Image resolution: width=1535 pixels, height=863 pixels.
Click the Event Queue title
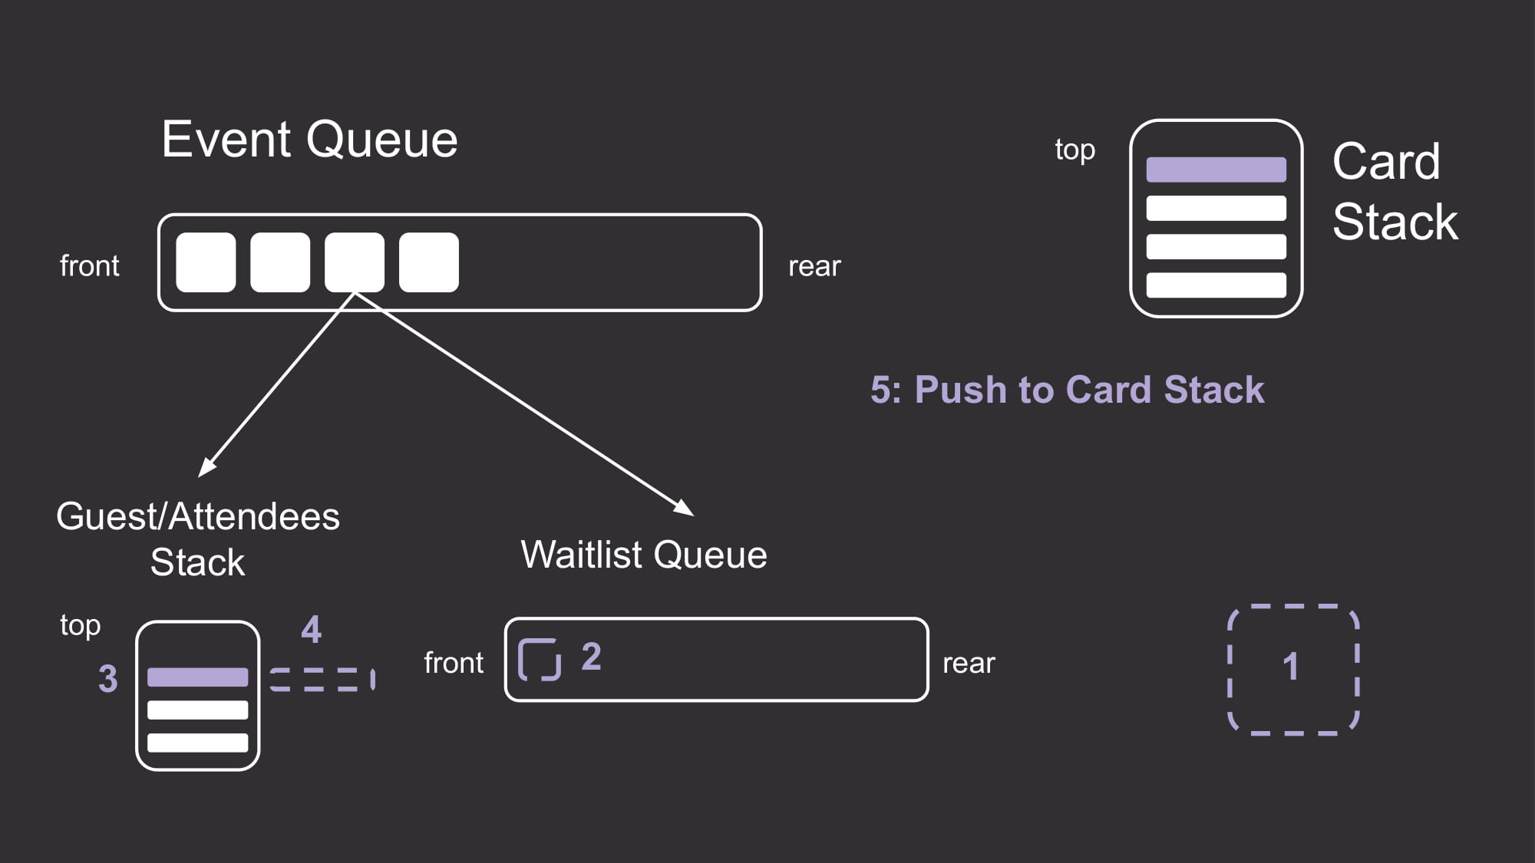point(309,140)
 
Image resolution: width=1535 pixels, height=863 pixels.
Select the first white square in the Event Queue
point(206,262)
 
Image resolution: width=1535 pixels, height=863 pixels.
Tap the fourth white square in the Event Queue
point(429,262)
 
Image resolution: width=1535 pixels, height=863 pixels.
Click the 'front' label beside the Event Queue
point(90,266)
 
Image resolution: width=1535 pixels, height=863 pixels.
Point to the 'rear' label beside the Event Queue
point(814,267)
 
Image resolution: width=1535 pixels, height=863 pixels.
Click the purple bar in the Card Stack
point(1216,170)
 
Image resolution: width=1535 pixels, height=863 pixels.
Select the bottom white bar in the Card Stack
point(1216,285)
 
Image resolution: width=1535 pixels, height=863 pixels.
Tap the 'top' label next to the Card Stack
point(1074,150)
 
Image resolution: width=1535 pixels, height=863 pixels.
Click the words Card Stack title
point(1395,192)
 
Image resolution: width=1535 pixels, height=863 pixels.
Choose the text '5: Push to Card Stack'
point(1067,390)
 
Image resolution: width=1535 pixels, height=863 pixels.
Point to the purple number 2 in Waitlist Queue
point(591,657)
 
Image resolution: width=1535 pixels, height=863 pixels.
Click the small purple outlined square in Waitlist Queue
point(540,640)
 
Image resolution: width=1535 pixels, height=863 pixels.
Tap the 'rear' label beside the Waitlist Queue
point(969,664)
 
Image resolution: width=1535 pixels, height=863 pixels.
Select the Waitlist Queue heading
point(644,555)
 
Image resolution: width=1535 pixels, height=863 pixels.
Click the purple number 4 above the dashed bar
point(311,629)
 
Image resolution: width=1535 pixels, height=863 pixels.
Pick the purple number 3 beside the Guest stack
point(108,679)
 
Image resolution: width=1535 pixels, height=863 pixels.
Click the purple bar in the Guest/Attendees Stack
point(198,677)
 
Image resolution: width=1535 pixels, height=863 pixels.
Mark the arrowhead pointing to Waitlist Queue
point(685,508)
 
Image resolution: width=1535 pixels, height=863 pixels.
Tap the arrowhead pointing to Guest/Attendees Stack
point(206,467)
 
